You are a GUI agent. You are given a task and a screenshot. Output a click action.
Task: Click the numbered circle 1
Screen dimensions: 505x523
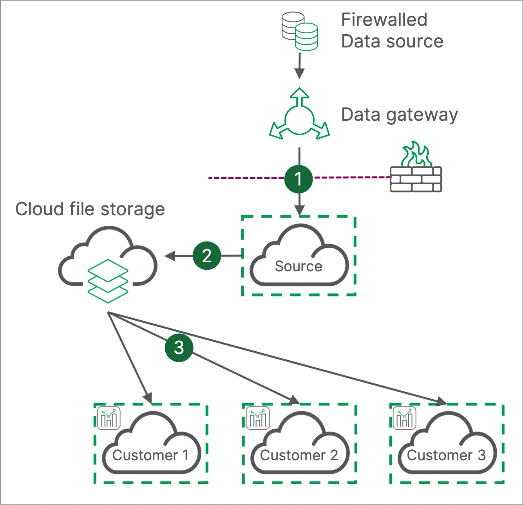(x=299, y=179)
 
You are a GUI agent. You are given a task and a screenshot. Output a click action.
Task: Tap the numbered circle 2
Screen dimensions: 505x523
(x=207, y=256)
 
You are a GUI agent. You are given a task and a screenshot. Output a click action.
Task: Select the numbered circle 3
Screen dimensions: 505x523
(x=179, y=347)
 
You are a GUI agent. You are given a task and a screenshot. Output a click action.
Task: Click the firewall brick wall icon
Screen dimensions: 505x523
(x=416, y=180)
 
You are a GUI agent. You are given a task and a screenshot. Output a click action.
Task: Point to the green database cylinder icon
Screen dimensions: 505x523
(x=306, y=37)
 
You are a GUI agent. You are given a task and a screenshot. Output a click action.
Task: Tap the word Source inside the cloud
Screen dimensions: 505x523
(x=299, y=266)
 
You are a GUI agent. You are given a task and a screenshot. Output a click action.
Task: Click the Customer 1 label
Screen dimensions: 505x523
(x=150, y=455)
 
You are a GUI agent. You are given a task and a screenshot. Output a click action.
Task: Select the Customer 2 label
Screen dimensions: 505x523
(x=299, y=455)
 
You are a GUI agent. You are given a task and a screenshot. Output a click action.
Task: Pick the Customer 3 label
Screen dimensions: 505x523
(x=446, y=455)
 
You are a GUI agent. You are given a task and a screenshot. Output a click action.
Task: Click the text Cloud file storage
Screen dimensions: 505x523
(x=90, y=209)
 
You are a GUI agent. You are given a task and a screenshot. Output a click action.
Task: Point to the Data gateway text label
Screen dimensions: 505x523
(x=399, y=115)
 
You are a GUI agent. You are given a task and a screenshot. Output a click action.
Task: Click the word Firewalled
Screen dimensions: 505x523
(x=384, y=20)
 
